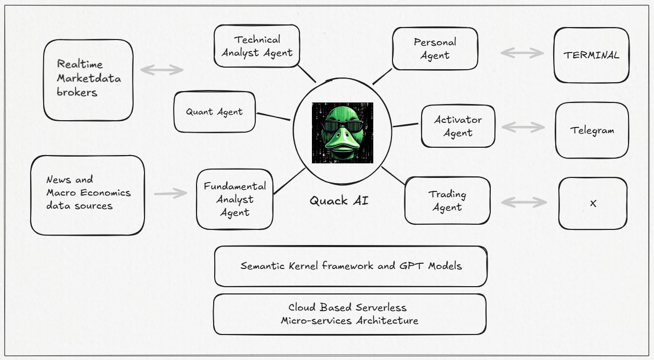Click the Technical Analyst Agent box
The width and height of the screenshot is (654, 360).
pos(257,46)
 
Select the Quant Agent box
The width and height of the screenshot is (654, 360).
pos(214,112)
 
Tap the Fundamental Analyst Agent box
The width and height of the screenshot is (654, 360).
pos(234,199)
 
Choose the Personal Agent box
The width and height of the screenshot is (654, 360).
pos(435,48)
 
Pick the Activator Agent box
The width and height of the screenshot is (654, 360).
pos(457,126)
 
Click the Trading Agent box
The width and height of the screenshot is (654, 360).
pos(447,201)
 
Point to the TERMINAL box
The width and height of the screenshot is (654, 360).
pos(591,55)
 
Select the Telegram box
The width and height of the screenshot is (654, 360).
pos(592,130)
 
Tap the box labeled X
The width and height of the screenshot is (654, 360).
pos(593,203)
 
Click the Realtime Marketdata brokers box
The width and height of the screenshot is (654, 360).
pos(88,80)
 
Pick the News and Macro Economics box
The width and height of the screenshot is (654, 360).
pos(87,195)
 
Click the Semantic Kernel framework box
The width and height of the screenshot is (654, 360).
pos(350,266)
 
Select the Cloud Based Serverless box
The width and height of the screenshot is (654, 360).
pos(349,314)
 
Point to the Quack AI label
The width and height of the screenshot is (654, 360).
pos(339,200)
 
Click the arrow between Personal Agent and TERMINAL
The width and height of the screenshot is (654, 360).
pos(522,53)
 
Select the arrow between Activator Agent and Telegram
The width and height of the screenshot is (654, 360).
pos(524,127)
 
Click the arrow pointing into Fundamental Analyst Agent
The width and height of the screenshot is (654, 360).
pos(171,194)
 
